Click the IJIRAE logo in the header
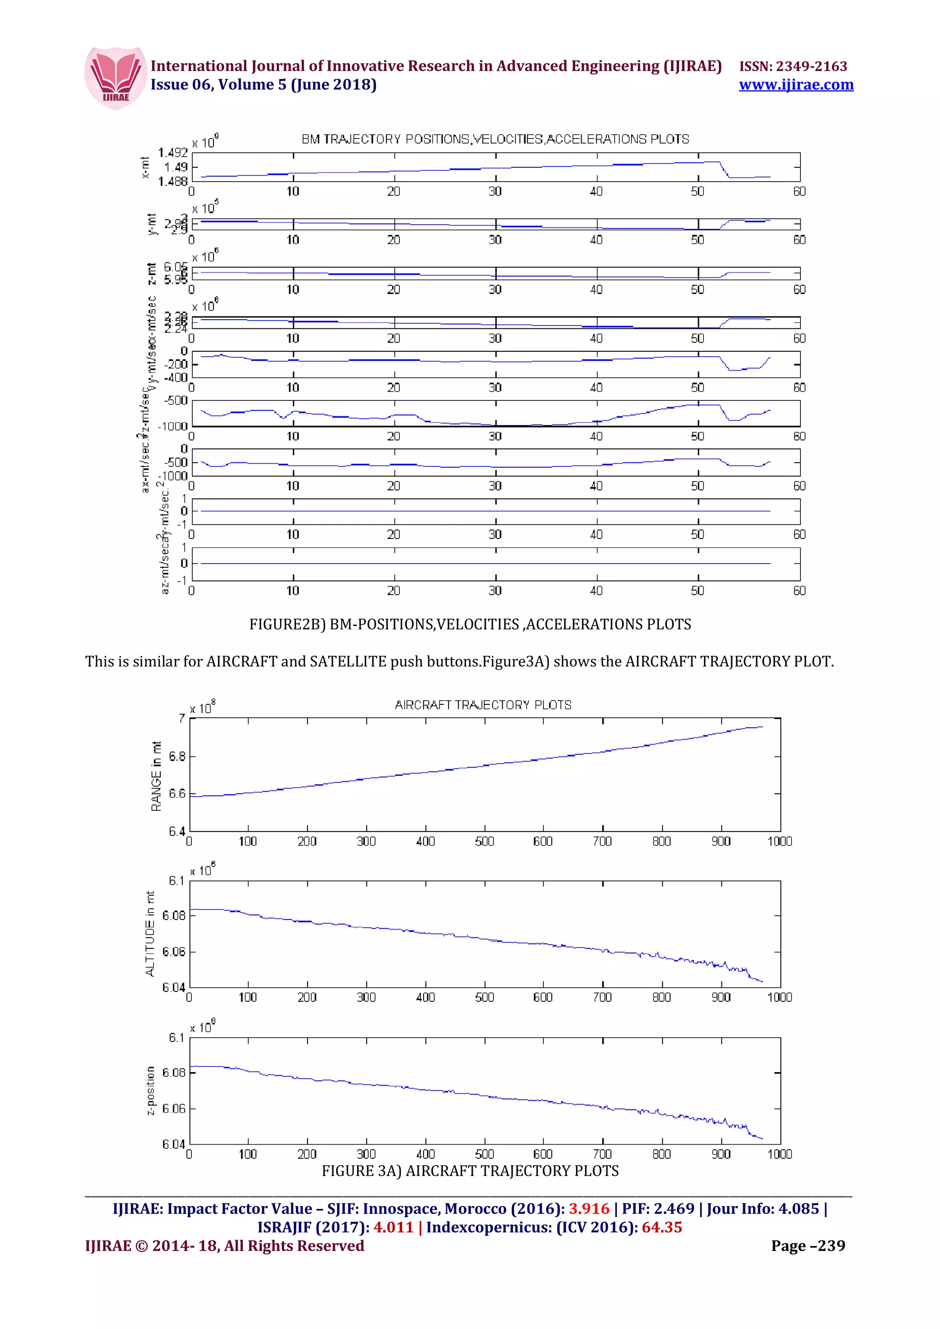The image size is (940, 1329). [115, 78]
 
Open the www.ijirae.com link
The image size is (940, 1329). [796, 85]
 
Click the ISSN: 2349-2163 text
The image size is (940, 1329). [793, 66]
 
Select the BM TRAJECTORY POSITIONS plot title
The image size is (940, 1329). [495, 139]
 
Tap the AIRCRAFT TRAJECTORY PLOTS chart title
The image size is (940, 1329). [483, 705]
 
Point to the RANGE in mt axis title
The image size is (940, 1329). [156, 775]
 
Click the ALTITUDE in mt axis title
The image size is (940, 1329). [151, 934]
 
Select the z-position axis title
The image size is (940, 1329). [151, 1090]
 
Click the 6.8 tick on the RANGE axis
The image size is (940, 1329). [177, 757]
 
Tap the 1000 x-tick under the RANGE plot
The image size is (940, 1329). [779, 842]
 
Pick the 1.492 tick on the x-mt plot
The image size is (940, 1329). [173, 153]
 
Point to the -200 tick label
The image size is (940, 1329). [176, 365]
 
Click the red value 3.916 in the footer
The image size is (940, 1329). [589, 1209]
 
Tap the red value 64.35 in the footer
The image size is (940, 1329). [661, 1228]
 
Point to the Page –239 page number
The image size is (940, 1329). [808, 1246]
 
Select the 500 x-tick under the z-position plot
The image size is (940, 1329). [484, 1154]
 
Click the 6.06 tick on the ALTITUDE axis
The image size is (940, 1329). [174, 952]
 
